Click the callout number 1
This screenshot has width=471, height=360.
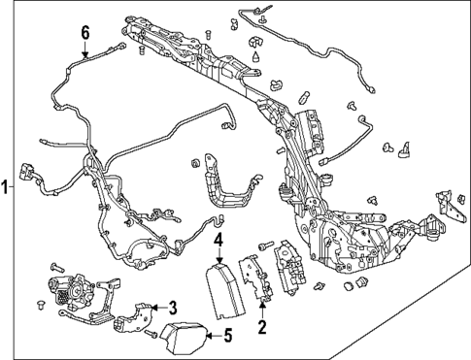point(5,187)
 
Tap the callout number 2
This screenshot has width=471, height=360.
point(262,327)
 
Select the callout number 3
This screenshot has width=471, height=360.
point(173,308)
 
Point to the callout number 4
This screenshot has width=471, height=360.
point(219,242)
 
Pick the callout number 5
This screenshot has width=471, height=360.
point(228,336)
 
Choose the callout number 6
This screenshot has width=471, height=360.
point(85,34)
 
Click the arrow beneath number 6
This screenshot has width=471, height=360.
point(85,49)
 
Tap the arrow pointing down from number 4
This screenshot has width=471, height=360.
point(219,256)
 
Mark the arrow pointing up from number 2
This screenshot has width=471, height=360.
point(262,309)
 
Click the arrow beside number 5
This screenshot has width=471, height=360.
point(214,336)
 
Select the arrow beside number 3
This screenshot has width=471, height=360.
point(159,308)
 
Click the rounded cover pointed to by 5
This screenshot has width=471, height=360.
point(185,339)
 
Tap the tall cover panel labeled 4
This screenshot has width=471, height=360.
point(225,289)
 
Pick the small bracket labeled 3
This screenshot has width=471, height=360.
point(133,317)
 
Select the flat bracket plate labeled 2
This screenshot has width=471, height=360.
point(255,278)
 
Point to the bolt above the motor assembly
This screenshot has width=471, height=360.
point(57,268)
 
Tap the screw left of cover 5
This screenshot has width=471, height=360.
point(151,333)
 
